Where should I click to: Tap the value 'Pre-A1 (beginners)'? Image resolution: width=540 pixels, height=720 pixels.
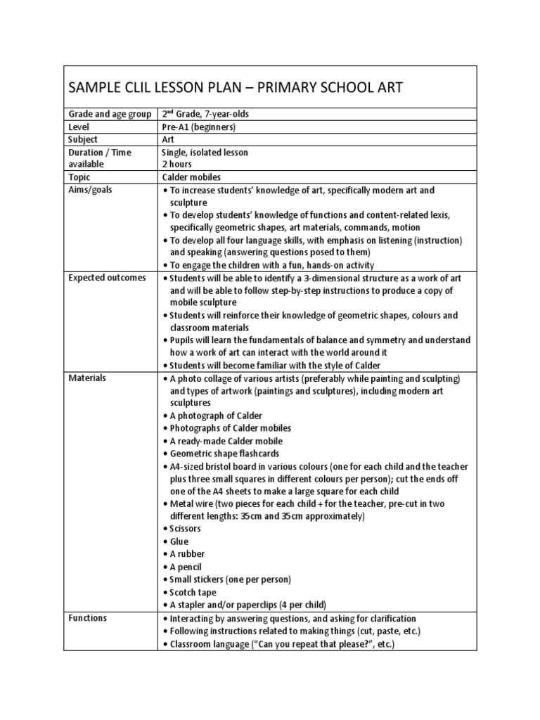[198, 127]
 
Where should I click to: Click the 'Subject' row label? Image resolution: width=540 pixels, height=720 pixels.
[84, 139]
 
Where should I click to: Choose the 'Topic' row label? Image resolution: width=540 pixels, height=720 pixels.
[79, 177]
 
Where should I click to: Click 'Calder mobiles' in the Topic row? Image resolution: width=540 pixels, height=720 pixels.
[192, 177]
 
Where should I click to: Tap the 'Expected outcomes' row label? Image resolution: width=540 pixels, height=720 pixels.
[107, 278]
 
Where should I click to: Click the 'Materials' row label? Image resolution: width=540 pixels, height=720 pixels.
[87, 378]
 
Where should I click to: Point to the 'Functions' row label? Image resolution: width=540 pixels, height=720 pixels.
[88, 618]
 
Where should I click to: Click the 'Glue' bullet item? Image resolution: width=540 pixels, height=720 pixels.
[179, 541]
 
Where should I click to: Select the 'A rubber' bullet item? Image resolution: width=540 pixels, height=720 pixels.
[187, 554]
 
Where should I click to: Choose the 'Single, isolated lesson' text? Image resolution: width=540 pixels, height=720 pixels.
[205, 152]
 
